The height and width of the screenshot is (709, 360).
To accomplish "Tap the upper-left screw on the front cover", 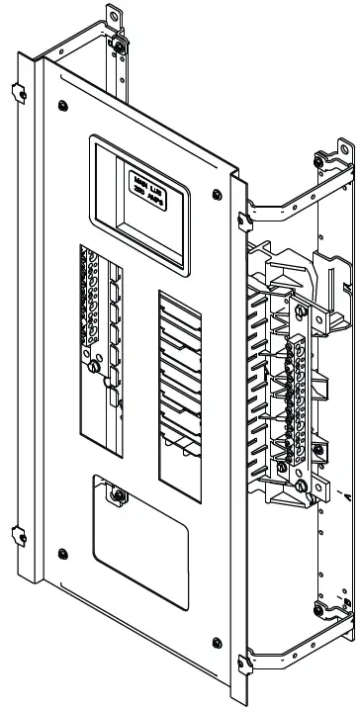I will [63, 102].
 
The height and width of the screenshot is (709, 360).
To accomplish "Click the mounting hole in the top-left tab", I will [111, 15].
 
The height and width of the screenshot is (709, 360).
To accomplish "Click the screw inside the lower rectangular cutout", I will [118, 494].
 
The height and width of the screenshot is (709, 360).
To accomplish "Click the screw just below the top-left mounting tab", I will [120, 46].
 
